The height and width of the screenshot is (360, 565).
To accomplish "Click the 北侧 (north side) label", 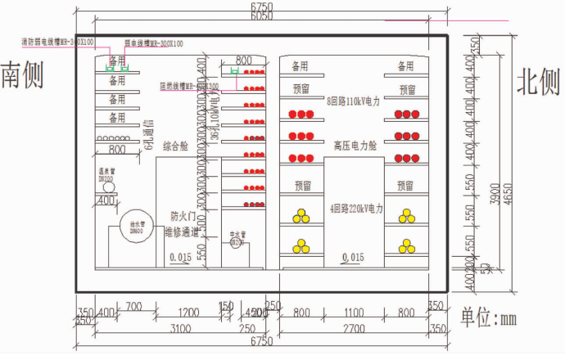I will (538, 81).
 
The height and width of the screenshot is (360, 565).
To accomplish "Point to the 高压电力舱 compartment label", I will (355, 146).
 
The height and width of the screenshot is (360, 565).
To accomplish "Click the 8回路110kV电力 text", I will (354, 102).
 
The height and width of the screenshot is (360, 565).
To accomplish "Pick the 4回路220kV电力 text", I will (356, 209).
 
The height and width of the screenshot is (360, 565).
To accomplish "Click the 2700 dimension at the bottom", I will (354, 328).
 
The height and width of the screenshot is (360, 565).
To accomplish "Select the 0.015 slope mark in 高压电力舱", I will (352, 258).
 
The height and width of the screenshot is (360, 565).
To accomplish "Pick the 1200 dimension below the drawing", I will (189, 313).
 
